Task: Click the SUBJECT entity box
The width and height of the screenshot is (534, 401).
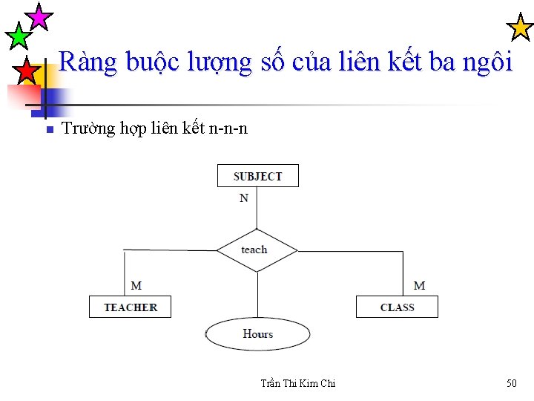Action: pos(257,176)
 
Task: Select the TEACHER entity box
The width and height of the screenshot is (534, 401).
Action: pos(130,307)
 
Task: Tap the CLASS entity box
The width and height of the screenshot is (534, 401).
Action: pos(397,307)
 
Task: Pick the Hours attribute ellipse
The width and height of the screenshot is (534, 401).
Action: pos(257,334)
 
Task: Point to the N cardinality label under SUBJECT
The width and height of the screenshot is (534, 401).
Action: pos(244,198)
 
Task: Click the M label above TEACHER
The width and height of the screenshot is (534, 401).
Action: pos(136,285)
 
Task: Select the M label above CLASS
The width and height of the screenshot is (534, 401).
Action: pos(419,285)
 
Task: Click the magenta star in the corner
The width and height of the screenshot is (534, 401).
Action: pos(39,16)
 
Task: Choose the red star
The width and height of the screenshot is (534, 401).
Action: pos(27,72)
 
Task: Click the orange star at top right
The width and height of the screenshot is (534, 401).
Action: pos(519,28)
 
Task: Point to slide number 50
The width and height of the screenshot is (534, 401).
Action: pos(511,383)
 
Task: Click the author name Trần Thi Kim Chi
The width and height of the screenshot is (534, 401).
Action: pos(298,383)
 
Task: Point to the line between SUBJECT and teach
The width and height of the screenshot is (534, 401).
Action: pos(257,212)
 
